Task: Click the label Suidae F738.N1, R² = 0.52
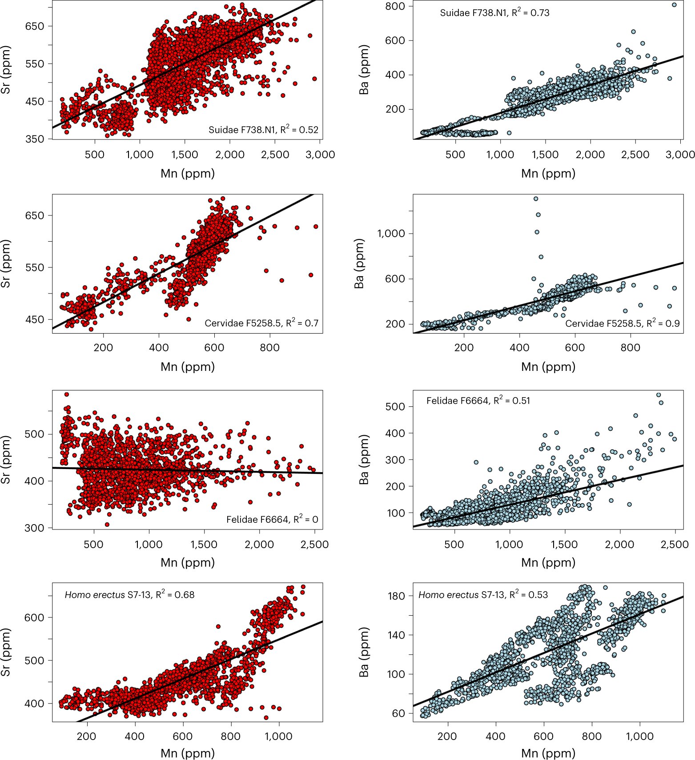[263, 130]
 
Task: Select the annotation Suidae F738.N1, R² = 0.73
[494, 13]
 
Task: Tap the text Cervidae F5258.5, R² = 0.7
[261, 323]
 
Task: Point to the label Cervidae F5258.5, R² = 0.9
[622, 323]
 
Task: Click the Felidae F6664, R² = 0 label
[272, 519]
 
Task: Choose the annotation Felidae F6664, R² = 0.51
[478, 401]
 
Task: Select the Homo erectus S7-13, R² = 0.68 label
[129, 595]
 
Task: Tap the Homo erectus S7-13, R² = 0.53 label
[483, 595]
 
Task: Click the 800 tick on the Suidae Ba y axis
[395, 6]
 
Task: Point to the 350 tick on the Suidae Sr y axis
[35, 139]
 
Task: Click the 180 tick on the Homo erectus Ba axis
[396, 596]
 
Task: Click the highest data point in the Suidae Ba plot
[674, 5]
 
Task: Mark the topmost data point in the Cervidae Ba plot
[536, 199]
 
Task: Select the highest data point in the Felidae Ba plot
[659, 395]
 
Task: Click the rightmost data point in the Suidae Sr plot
[314, 79]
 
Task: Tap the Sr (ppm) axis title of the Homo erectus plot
[6, 652]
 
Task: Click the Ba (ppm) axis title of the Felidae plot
[364, 459]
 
